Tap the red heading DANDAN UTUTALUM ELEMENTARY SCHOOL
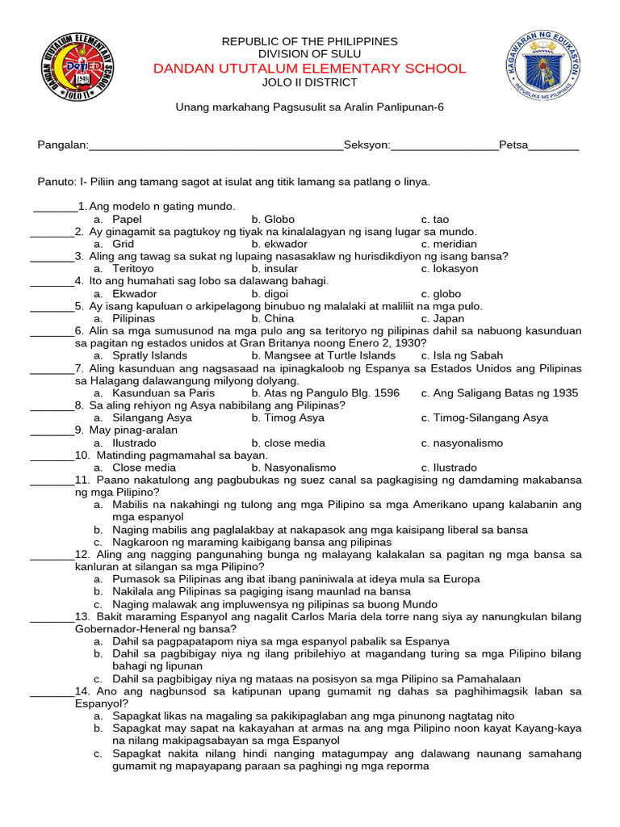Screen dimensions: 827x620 [x=310, y=69]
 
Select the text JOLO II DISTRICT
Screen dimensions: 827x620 [x=310, y=82]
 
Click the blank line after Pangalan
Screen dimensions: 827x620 [x=216, y=147]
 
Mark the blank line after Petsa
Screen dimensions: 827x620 [x=554, y=147]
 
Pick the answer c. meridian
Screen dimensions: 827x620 [x=449, y=244]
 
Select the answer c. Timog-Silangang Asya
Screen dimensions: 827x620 [x=484, y=418]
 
